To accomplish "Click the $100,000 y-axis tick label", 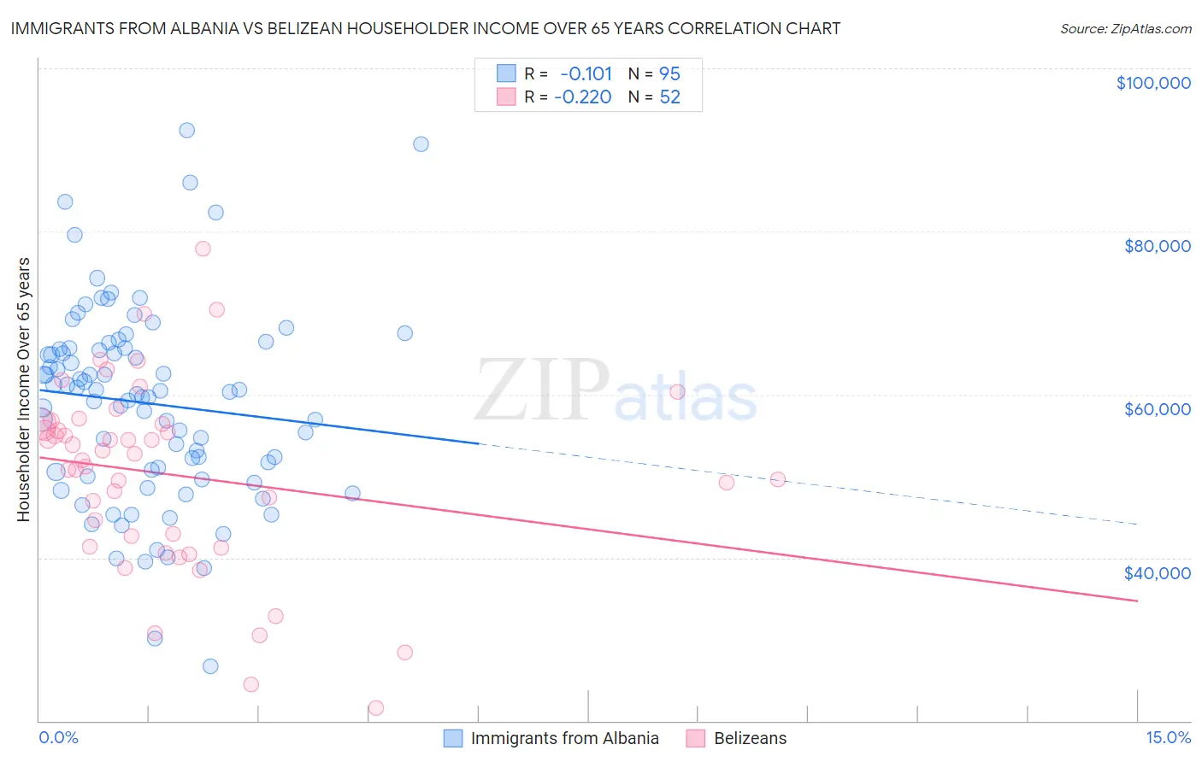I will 1152,83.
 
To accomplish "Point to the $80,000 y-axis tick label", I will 1157,246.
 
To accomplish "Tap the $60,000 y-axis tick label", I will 1157,409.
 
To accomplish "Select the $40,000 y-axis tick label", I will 1157,572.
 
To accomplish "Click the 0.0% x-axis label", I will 58,738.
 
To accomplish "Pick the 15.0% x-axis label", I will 1168,738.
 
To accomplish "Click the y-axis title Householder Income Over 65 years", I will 24,390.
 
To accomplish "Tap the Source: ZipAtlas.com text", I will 1125,29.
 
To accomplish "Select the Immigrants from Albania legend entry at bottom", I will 564,739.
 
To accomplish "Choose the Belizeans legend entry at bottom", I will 750,739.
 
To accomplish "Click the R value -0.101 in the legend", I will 586,74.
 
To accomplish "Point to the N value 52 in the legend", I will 669,97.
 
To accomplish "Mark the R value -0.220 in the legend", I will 583,97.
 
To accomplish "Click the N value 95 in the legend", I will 669,74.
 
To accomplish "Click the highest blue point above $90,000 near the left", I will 186,131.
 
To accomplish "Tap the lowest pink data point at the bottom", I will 376,708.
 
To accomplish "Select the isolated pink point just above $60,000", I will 677,392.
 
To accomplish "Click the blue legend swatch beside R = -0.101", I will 506,73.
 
